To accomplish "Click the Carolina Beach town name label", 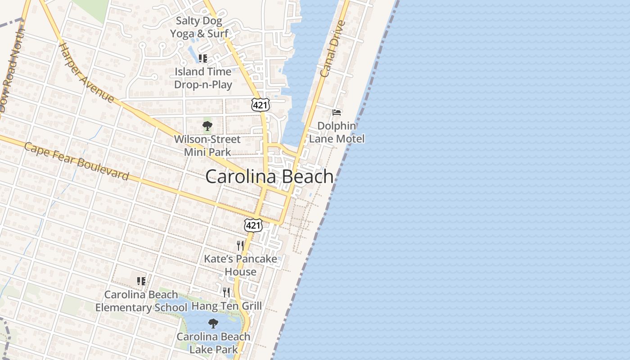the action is click(x=269, y=176).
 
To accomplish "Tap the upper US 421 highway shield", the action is click(x=261, y=105).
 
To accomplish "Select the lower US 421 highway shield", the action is click(x=253, y=225).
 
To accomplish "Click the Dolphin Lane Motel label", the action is click(x=337, y=132).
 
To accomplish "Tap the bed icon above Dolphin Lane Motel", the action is click(x=337, y=112).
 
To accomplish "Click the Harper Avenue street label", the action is click(x=86, y=72).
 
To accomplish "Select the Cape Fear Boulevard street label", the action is click(x=76, y=161).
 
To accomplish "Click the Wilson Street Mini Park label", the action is click(x=207, y=145).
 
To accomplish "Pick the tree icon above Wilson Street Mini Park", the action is click(x=207, y=126).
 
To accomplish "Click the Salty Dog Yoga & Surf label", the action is click(x=199, y=27).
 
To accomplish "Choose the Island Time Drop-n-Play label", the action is click(x=203, y=78).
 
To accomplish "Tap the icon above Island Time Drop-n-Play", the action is click(x=203, y=58).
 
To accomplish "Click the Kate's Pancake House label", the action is click(x=241, y=265).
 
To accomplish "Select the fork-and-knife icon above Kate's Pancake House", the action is click(x=240, y=245).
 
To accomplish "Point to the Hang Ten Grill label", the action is click(x=226, y=306).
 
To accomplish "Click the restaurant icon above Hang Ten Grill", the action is click(x=226, y=292).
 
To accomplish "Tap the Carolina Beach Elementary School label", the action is click(x=141, y=301).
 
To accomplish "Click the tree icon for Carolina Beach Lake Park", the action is click(x=213, y=323).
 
